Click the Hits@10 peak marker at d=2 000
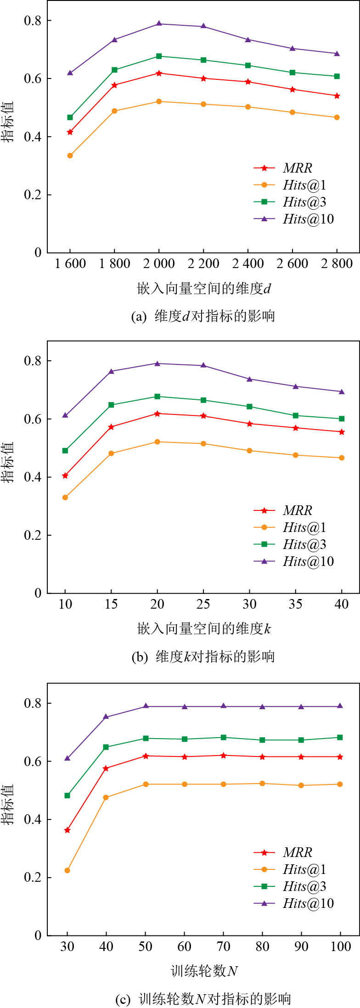click(159, 23)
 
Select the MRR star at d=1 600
click(70, 132)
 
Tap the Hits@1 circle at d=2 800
click(337, 118)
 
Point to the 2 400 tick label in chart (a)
click(248, 263)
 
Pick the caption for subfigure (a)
click(202, 316)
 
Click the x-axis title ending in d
click(204, 288)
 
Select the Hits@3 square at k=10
click(65, 451)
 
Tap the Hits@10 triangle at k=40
click(342, 392)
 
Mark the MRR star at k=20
click(157, 414)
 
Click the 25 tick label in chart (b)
click(203, 604)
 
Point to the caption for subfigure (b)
click(203, 656)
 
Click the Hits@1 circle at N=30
click(67, 870)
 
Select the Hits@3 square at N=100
click(340, 737)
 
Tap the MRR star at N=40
click(106, 768)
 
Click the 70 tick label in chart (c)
click(223, 946)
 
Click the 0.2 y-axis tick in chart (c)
click(32, 877)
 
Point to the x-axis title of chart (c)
click(204, 971)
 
